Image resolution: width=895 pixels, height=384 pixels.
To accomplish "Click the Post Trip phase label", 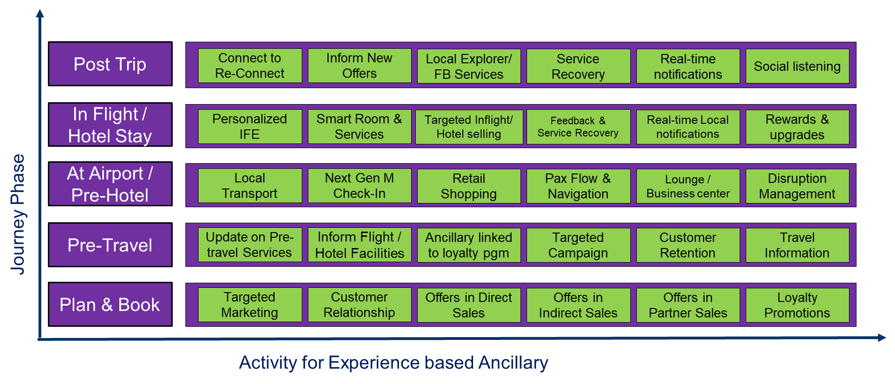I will point(110,64).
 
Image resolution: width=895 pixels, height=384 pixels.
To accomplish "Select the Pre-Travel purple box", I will point(110,245).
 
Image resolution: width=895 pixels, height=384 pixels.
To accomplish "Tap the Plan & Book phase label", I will point(110,305).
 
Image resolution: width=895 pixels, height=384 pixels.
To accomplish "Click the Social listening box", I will point(797,66).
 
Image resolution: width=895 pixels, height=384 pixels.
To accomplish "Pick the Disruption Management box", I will point(797,186).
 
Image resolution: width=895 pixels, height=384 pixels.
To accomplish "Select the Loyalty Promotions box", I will point(797,305).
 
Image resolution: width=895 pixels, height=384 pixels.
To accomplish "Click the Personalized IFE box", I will point(250,127).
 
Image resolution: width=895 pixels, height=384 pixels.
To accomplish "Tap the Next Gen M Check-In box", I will point(359,186).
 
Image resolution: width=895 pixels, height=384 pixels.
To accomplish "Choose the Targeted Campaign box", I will point(578,245).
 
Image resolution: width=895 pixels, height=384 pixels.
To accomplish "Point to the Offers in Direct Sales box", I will point(468,305).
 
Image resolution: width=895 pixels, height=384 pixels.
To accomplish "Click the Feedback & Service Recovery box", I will point(578,127).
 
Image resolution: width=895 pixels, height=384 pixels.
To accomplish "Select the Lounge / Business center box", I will point(688,186).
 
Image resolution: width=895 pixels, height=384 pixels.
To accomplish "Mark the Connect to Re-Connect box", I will point(250,66).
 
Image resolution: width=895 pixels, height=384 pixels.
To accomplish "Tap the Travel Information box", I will point(797,245).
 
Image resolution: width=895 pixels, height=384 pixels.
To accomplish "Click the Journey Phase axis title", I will point(18,214).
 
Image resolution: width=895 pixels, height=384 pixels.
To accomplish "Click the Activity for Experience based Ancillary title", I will point(393,363).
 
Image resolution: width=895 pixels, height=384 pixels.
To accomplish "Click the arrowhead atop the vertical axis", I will point(40,13).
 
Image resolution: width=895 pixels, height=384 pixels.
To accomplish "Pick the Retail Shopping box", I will point(468,186).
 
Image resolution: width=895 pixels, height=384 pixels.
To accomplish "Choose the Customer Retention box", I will point(688,245).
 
